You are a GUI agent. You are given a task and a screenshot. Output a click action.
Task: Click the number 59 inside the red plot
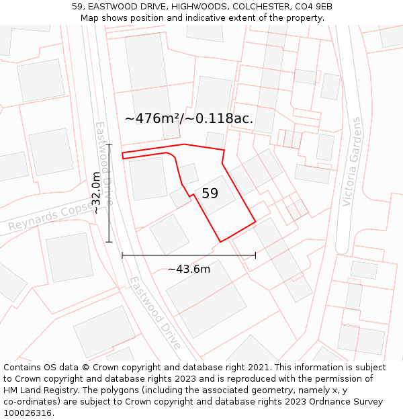tap(210, 194)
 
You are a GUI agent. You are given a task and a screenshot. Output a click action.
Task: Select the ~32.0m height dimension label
tap(97, 193)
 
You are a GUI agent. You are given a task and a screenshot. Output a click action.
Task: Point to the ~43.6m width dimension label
tap(189, 269)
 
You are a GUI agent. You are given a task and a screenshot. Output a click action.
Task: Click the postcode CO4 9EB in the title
tap(314, 7)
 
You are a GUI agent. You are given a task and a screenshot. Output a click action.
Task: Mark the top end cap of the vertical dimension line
tap(109, 144)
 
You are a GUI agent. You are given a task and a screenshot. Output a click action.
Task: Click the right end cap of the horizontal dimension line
tap(255, 255)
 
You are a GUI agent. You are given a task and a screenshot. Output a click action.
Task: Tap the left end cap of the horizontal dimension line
tap(122, 255)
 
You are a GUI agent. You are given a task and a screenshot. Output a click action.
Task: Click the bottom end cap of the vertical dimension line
tap(109, 241)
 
